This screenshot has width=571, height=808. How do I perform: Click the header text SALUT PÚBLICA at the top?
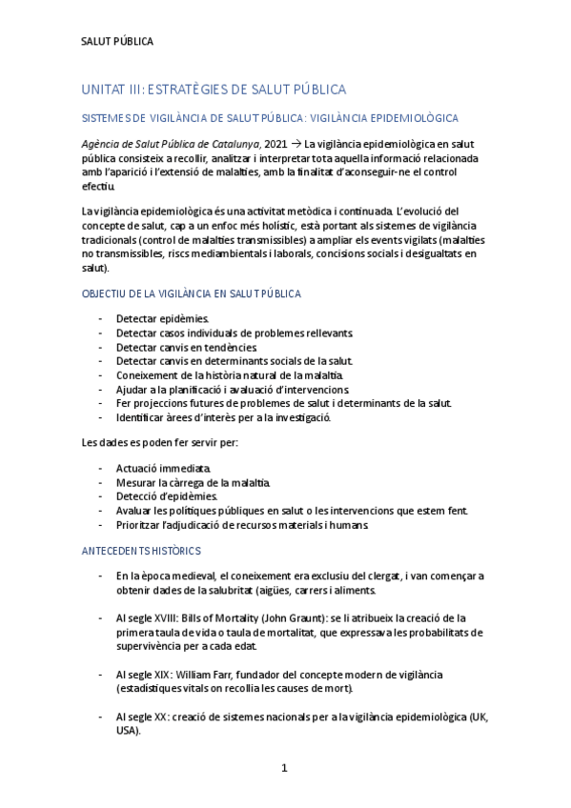(117, 42)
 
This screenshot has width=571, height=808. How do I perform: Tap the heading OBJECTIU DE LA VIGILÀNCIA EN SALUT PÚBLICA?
(191, 295)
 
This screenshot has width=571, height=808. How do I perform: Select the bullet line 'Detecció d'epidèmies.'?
(167, 496)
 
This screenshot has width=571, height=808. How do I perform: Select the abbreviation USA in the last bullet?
(128, 731)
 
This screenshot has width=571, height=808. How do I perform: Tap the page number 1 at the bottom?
(284, 767)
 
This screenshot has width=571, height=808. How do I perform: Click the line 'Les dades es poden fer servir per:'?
(160, 443)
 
